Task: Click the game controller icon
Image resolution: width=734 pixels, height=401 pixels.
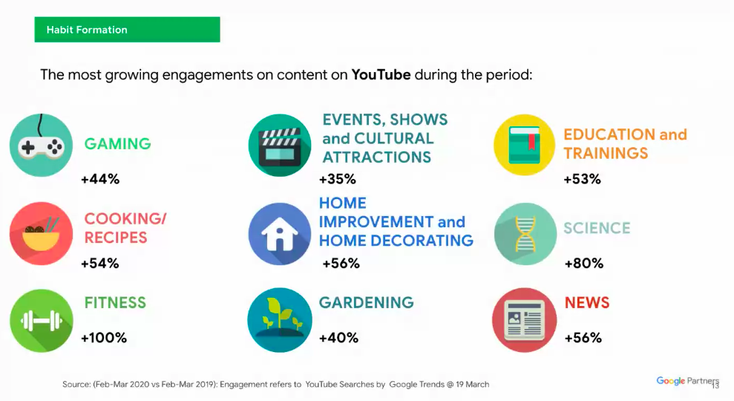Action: coord(42,146)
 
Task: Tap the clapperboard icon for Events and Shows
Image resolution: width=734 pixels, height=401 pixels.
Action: coord(280,146)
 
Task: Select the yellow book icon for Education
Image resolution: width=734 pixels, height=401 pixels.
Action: coord(525,145)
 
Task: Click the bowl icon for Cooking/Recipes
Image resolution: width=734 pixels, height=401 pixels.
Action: coord(42,233)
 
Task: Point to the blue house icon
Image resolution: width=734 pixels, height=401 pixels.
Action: coord(280,234)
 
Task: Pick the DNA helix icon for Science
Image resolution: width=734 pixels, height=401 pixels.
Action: coord(525,234)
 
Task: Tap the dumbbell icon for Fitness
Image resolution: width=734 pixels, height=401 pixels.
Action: coord(42,320)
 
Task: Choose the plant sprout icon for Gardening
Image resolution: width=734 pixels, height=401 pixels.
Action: coord(280,320)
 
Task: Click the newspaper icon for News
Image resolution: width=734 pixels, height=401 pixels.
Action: coord(524,320)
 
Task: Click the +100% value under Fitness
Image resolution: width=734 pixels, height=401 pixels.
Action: coord(104,338)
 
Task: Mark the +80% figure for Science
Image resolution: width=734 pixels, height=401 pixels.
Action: coord(584,264)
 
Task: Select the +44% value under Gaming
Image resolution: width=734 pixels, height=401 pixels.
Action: coord(100,179)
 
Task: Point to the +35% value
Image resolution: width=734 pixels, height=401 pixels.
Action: coord(338,179)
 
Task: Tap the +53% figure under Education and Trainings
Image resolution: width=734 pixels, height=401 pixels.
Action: coord(583,179)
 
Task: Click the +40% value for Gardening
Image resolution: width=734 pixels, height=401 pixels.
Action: coord(338,338)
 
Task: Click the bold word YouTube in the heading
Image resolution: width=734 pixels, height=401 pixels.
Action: coord(381,74)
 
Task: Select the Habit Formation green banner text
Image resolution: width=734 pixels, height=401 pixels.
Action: coord(87,30)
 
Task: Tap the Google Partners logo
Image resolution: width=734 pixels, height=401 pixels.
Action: coord(687,381)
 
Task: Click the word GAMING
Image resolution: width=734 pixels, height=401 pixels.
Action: coord(117,144)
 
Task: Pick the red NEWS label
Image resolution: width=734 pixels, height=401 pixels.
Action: coord(587,303)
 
